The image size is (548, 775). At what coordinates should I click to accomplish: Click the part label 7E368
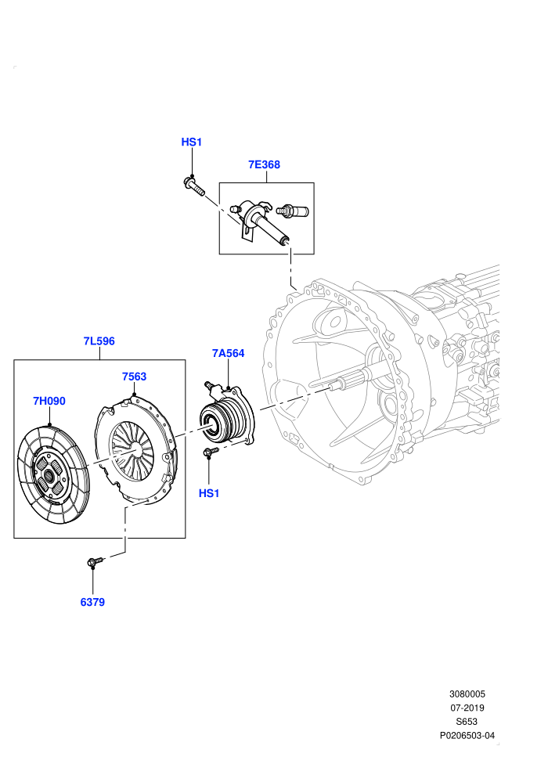coord(264,164)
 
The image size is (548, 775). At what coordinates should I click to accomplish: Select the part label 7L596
coord(99,341)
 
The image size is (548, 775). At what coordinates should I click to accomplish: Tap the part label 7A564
coord(229,353)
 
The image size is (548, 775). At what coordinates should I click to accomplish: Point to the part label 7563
coord(135,377)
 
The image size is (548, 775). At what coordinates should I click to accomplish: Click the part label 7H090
coord(49,401)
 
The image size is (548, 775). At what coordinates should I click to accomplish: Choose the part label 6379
coord(92,602)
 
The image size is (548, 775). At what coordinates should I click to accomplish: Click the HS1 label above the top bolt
coord(192,142)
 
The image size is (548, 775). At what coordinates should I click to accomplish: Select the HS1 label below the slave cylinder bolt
coord(209,493)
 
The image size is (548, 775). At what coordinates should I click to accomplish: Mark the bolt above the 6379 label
coord(95,561)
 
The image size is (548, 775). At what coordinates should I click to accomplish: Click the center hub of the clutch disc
coord(49,476)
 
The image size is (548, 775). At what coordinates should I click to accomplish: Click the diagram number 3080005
coord(467,694)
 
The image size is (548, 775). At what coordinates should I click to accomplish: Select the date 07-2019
coord(467,708)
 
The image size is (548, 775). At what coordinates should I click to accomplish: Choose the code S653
coord(467,722)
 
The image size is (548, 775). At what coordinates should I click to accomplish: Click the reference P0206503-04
coord(467,735)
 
